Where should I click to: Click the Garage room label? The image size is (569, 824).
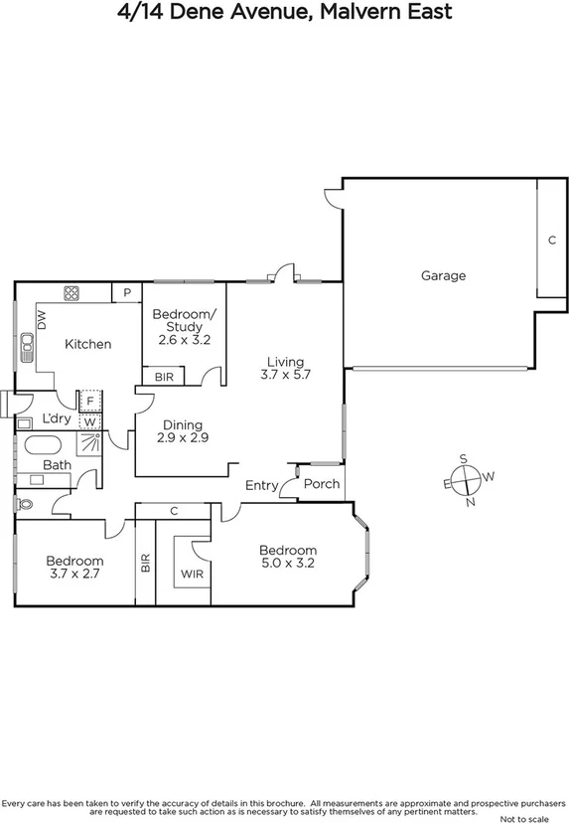pos(442,275)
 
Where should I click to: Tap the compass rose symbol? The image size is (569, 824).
pos(466,479)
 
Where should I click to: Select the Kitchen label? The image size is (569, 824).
pos(87,344)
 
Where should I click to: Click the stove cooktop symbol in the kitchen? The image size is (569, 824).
pos(71,292)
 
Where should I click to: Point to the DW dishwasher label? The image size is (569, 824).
pos(42,320)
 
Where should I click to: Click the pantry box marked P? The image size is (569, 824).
pos(127,291)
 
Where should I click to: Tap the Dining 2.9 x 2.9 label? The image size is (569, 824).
pos(183,430)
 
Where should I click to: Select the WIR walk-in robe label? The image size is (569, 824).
pos(190,574)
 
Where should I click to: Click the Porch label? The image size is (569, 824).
pos(321,484)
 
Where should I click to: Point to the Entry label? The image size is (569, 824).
pos(262,485)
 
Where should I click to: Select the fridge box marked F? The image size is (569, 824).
pos(89,401)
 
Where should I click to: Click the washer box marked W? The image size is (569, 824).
pos(89,420)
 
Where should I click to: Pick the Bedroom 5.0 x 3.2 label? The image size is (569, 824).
pos(288,558)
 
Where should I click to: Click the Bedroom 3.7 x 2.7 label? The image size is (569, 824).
pos(74,567)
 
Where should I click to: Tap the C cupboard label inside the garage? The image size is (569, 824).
pos(550,240)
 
